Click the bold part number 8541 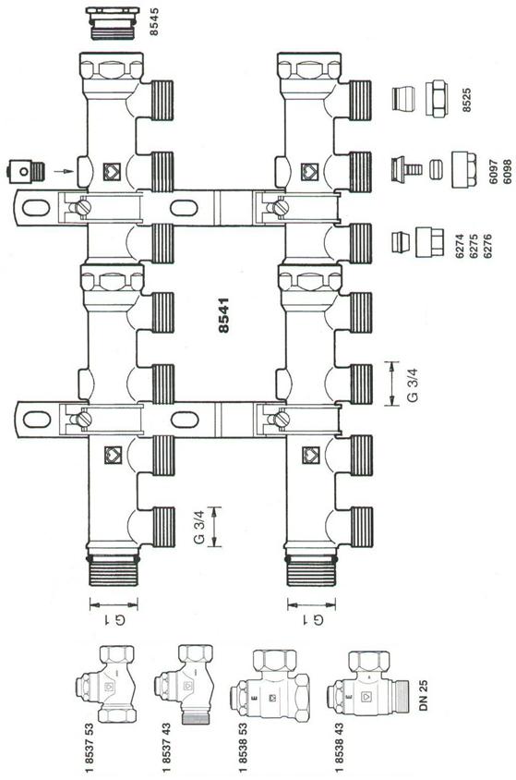pyautogui.click(x=224, y=315)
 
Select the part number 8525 pyautogui.click(x=466, y=100)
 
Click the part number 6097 pyautogui.click(x=493, y=172)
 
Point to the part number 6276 pyautogui.click(x=487, y=246)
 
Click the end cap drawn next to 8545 pyautogui.click(x=113, y=23)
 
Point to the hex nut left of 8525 pyautogui.click(x=437, y=99)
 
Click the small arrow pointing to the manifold pyautogui.click(x=64, y=171)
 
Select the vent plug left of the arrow pyautogui.click(x=26, y=171)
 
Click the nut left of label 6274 pyautogui.click(x=429, y=242)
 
